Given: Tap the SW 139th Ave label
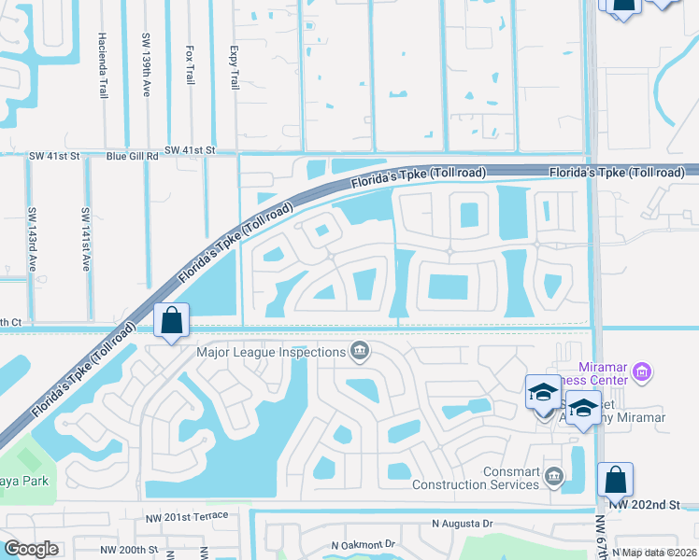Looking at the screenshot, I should (x=146, y=63).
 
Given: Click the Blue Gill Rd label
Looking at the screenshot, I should (x=132, y=157).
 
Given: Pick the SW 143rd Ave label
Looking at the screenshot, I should (x=32, y=239).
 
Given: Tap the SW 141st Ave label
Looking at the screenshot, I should (x=85, y=239).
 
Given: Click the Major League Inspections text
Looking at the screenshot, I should (x=270, y=352).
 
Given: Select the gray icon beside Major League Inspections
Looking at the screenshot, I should (x=359, y=352).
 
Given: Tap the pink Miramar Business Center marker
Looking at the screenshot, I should (x=641, y=373).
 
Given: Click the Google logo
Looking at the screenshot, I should (x=32, y=549).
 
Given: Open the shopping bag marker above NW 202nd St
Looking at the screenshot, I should (x=615, y=480).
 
